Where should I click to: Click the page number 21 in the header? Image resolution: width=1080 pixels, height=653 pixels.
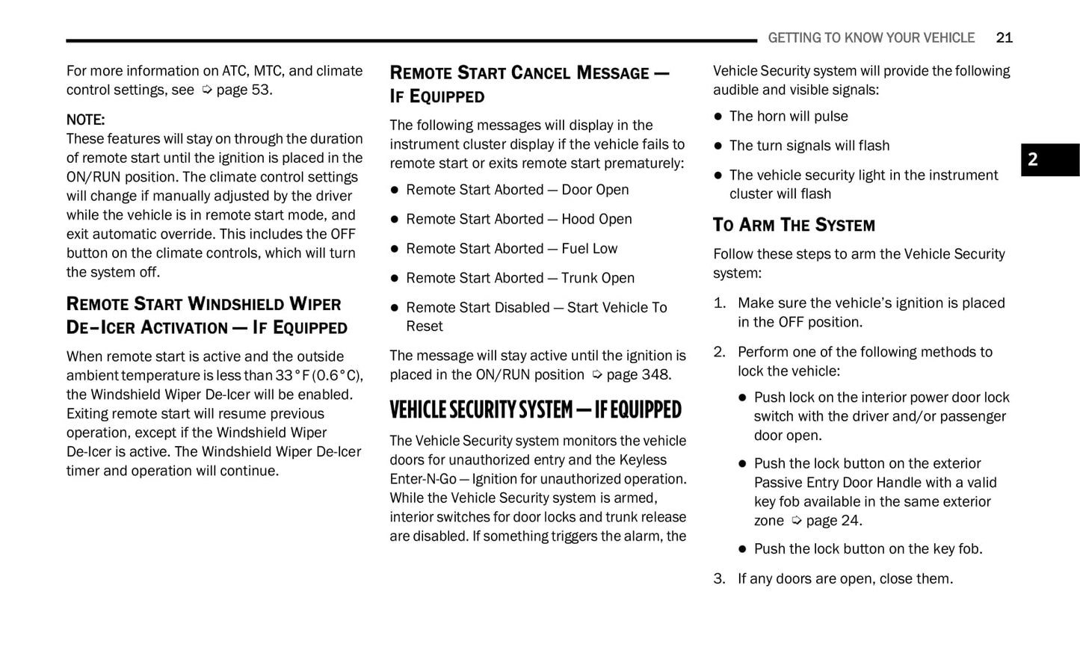point(1004,38)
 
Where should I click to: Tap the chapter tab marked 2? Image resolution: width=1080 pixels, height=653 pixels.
point(1049,160)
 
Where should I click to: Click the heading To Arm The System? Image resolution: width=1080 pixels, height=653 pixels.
point(793,225)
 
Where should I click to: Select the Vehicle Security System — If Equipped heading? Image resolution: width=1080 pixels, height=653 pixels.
point(535,409)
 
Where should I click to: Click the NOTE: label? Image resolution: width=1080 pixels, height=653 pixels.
point(85,120)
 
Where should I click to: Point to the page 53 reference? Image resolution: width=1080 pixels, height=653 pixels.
point(238,90)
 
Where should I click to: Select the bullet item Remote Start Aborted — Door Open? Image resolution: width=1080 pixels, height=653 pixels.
point(517,190)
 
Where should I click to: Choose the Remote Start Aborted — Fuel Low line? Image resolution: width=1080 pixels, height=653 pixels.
point(511,249)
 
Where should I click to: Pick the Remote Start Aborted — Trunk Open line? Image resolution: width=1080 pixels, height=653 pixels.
point(520,278)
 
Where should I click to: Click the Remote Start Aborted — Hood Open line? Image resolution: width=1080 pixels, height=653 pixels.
point(519,219)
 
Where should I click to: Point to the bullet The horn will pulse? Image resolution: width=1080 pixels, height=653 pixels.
point(789,117)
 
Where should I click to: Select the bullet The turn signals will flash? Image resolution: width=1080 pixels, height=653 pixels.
point(809,146)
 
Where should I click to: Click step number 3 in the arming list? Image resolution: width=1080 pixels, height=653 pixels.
point(719,579)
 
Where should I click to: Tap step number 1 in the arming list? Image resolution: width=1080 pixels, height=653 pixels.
point(719,303)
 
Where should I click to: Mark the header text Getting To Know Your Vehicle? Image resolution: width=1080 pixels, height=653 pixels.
point(871,38)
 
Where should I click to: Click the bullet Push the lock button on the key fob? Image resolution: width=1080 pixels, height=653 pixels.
point(868,549)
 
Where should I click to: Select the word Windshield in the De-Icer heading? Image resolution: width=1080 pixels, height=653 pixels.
point(236,304)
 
